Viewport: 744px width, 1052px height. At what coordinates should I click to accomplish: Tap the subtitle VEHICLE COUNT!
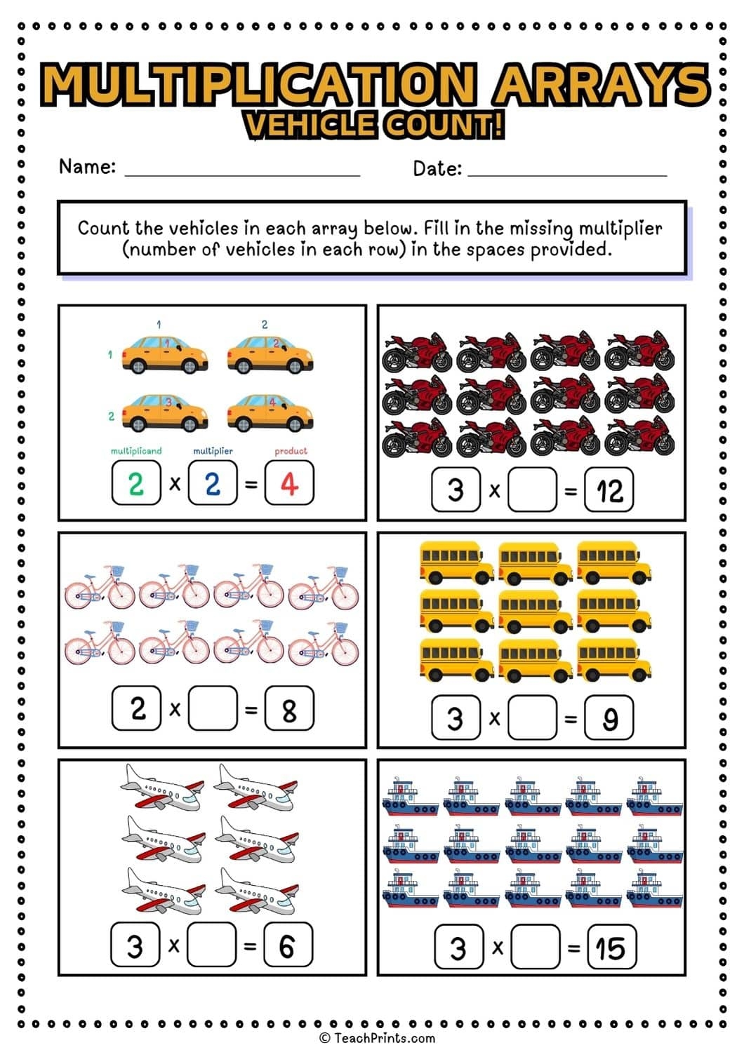pos(374,126)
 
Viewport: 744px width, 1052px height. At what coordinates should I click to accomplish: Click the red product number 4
pos(289,483)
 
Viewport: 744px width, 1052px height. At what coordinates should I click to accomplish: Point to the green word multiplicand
pos(136,451)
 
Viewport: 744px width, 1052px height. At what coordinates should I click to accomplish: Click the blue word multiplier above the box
pos(213,451)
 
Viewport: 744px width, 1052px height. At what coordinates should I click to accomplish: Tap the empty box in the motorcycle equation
pos(532,490)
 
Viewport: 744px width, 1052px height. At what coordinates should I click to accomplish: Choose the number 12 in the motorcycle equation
pos(609,490)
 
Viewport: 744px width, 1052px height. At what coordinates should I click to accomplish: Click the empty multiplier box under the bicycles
pos(213,709)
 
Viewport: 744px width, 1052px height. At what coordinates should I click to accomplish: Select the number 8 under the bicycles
pos(289,709)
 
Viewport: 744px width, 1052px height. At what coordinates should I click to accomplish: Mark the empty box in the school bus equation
pos(532,717)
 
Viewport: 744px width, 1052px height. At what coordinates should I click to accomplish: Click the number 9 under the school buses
pos(609,717)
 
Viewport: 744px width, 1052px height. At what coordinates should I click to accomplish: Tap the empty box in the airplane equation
pos(212,945)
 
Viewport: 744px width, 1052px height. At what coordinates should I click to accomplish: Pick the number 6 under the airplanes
pos(287,945)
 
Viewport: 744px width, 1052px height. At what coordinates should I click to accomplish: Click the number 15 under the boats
pos(611,948)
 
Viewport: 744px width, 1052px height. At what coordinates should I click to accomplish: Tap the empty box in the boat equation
pos(535,948)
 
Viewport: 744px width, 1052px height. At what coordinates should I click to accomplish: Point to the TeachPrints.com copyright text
pos(377,1038)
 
